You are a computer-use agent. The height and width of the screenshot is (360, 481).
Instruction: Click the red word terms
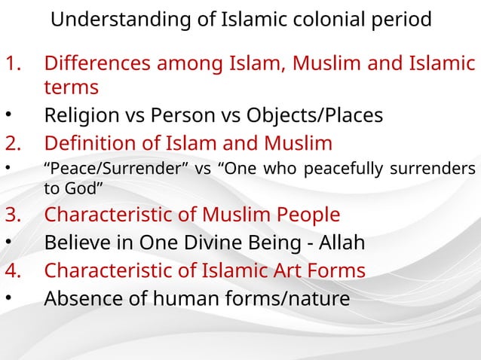point(72,87)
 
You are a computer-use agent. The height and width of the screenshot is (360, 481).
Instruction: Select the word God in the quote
point(87,187)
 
